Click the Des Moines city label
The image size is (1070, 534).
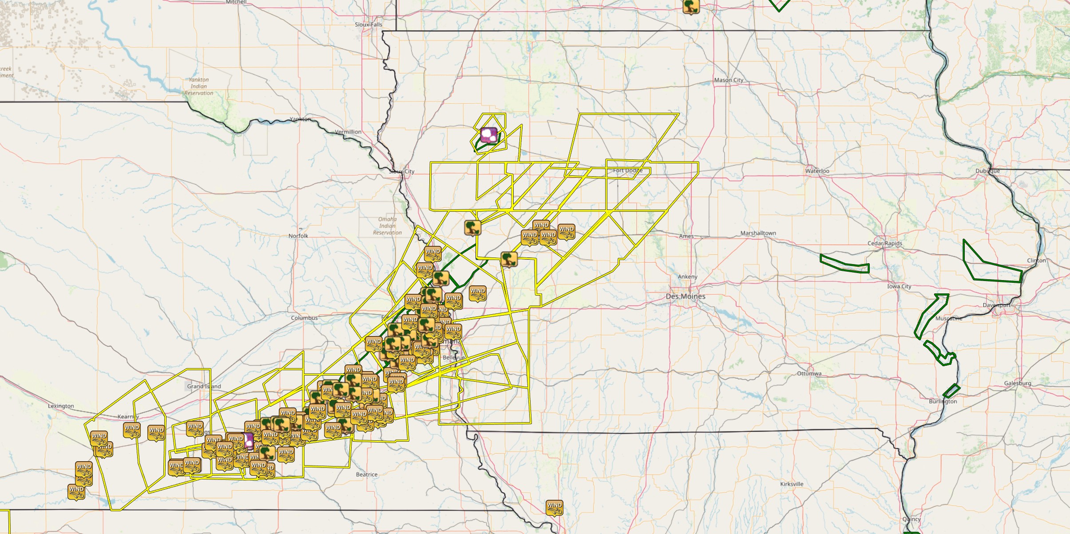click(685, 296)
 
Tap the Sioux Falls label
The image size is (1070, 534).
click(368, 24)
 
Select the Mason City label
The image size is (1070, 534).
click(729, 80)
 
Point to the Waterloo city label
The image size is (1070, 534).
click(817, 171)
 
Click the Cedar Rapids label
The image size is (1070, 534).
click(884, 243)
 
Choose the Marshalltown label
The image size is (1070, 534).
click(758, 233)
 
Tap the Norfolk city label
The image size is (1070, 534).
click(298, 236)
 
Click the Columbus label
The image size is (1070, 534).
click(304, 318)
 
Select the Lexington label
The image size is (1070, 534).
click(61, 406)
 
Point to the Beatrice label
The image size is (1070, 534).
click(366, 475)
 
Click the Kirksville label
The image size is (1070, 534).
click(792, 484)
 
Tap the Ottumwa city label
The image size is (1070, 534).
click(809, 373)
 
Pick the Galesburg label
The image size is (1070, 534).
click(1018, 383)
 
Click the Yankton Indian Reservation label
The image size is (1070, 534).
click(198, 86)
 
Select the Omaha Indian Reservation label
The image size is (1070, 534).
click(387, 225)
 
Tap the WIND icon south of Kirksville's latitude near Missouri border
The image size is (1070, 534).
click(554, 507)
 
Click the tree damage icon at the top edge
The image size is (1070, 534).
click(690, 6)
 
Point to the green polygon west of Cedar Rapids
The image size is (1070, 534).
click(844, 264)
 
